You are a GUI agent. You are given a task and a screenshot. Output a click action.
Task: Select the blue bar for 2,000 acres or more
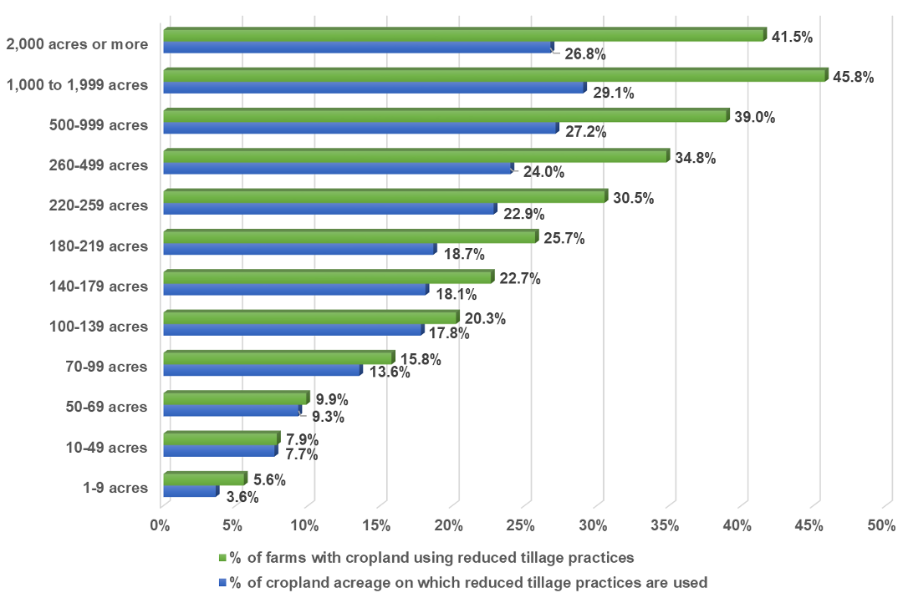coord(358,48)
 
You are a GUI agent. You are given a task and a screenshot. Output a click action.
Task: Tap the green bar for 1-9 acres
coord(204,479)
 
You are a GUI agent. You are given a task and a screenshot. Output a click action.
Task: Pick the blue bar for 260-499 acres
coord(337,169)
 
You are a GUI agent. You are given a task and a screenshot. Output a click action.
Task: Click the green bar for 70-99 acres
coord(278,357)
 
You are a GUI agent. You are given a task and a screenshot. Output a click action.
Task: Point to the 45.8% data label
coord(853,78)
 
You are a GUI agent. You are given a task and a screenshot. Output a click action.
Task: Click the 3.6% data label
coord(242,497)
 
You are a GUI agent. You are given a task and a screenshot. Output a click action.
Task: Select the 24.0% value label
coord(543,173)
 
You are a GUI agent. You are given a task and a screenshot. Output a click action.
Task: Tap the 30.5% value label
coord(633,199)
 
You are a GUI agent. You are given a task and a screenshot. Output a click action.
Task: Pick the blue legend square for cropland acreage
coord(222,582)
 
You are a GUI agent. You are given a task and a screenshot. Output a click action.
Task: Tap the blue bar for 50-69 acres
coord(232,411)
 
